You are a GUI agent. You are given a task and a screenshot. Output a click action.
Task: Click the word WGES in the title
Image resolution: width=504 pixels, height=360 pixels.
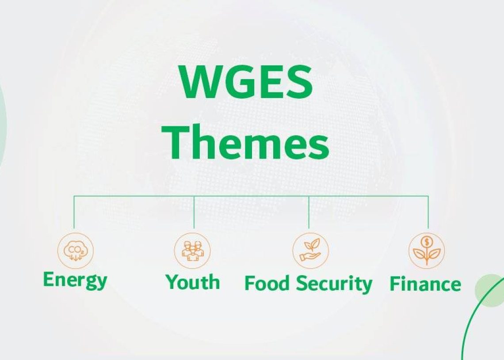[246, 82]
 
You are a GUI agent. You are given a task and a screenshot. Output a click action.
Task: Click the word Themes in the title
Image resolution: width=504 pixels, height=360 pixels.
[245, 142]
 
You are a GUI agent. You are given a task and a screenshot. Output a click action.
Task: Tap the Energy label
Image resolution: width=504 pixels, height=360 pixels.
[75, 280]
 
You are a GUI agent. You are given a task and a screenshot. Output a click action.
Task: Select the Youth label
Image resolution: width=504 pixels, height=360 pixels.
[193, 282]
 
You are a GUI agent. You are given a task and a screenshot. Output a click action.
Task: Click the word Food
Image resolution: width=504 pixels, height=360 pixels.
[267, 283]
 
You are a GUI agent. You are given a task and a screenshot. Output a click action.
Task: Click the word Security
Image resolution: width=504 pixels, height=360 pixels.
[334, 284]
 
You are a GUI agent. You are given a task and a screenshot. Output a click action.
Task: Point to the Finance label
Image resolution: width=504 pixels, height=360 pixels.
[425, 284]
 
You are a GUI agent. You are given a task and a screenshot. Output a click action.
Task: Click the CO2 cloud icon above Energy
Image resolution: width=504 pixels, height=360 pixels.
[76, 251]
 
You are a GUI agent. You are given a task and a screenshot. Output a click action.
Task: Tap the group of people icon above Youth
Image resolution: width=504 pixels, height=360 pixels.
[192, 251]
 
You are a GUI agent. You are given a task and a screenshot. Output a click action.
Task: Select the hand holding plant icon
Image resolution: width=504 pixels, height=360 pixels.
[310, 251]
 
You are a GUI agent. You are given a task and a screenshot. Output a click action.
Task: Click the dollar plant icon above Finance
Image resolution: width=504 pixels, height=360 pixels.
[427, 251]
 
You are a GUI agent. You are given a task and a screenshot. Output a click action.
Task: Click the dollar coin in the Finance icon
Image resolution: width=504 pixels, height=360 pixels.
[427, 241]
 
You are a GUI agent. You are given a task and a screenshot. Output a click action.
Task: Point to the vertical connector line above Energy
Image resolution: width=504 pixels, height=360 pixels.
[74, 212]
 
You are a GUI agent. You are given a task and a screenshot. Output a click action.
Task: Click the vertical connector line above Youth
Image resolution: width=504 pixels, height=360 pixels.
[194, 212]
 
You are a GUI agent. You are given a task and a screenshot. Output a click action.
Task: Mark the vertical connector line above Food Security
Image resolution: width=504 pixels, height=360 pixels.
[309, 212]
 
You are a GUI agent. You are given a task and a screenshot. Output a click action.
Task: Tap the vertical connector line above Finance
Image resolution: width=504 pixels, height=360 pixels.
[428, 212]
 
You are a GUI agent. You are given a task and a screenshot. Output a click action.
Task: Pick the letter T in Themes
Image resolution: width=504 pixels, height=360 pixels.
[176, 142]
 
